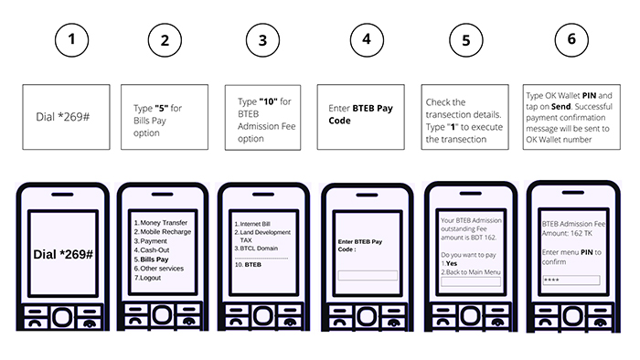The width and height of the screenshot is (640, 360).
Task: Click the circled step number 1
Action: tap(72, 40)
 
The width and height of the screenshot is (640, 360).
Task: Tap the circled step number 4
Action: tap(367, 40)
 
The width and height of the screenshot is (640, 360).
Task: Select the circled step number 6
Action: tap(571, 40)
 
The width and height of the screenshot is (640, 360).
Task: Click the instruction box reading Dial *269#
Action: tap(66, 117)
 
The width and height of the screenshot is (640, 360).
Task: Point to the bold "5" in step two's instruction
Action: tap(162, 108)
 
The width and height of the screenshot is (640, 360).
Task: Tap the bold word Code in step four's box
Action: tap(339, 121)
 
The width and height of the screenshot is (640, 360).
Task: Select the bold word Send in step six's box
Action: tap(560, 106)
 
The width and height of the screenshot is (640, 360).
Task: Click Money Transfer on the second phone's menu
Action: tap(164, 223)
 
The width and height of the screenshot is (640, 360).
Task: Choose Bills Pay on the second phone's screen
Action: tap(155, 259)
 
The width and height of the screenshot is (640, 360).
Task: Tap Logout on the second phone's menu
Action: tap(150, 278)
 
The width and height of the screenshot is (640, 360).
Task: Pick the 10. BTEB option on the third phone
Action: tap(248, 265)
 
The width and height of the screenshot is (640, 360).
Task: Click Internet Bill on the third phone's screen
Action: tap(255, 224)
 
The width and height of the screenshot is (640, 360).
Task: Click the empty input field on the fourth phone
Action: tap(368, 276)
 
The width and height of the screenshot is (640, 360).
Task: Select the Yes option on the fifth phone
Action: tap(452, 263)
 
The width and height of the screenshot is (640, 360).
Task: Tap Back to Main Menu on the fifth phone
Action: tap(473, 272)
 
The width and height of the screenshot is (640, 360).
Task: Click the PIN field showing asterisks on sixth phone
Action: tap(571, 280)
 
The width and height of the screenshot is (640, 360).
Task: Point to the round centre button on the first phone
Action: tap(62, 317)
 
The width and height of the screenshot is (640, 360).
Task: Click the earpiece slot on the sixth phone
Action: tap(573, 193)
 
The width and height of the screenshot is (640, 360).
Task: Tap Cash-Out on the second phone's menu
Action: tap(155, 250)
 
